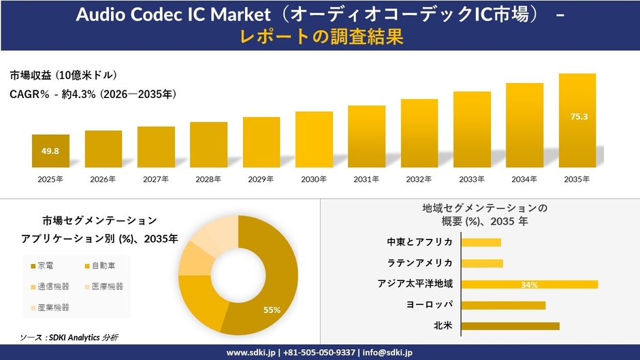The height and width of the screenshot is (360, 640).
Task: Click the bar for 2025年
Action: coord(50,151)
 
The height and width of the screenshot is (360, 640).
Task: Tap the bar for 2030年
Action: coord(314,140)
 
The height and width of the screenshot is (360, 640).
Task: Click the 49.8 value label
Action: coord(50,151)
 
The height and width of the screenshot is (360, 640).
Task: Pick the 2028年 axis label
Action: coord(208,179)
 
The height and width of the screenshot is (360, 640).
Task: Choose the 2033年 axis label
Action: coord(472,179)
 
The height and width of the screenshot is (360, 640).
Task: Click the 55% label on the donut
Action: coord(272,310)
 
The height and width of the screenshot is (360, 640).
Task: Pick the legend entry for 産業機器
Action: coord(49,308)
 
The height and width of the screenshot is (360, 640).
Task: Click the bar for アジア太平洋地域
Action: coord(529,284)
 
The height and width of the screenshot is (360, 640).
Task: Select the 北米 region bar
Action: coord(510,326)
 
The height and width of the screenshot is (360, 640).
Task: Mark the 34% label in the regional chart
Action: coord(529,284)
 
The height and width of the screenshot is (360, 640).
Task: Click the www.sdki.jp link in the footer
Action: coord(251,353)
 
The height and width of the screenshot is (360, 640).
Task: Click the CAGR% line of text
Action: coord(93,95)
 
